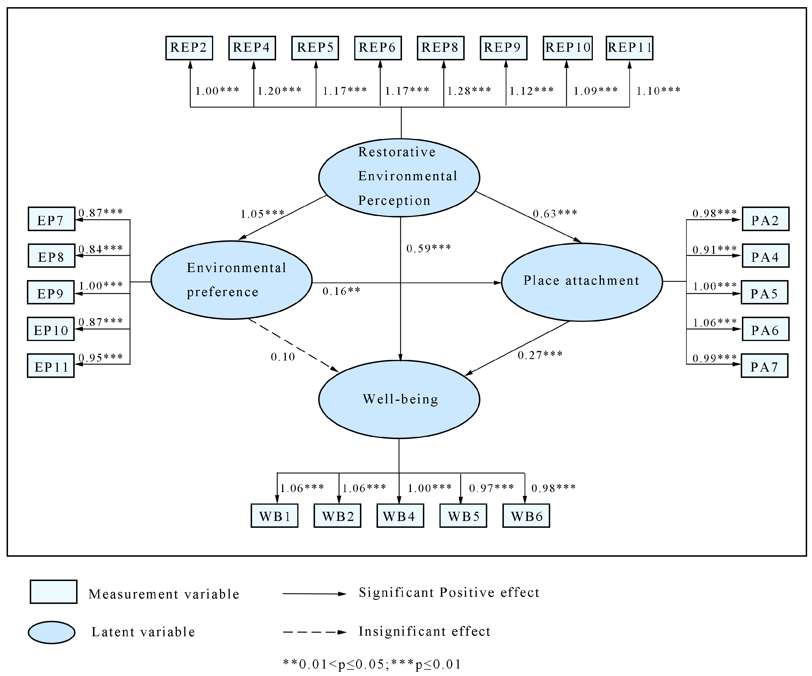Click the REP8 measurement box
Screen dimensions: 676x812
pyautogui.click(x=440, y=48)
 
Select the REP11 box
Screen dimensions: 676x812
pyautogui.click(x=629, y=48)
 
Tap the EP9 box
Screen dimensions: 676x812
pyautogui.click(x=51, y=293)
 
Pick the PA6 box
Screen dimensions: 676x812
pyautogui.click(x=765, y=329)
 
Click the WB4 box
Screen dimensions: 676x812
pyautogui.click(x=400, y=516)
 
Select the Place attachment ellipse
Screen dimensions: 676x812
pyautogui.click(x=582, y=282)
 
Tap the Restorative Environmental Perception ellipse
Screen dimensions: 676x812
pyautogui.click(x=399, y=177)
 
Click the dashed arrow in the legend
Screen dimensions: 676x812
pyautogui.click(x=314, y=632)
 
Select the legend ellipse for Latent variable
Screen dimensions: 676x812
pyautogui.click(x=52, y=632)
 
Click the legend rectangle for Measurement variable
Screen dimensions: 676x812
pyautogui.click(x=53, y=591)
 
